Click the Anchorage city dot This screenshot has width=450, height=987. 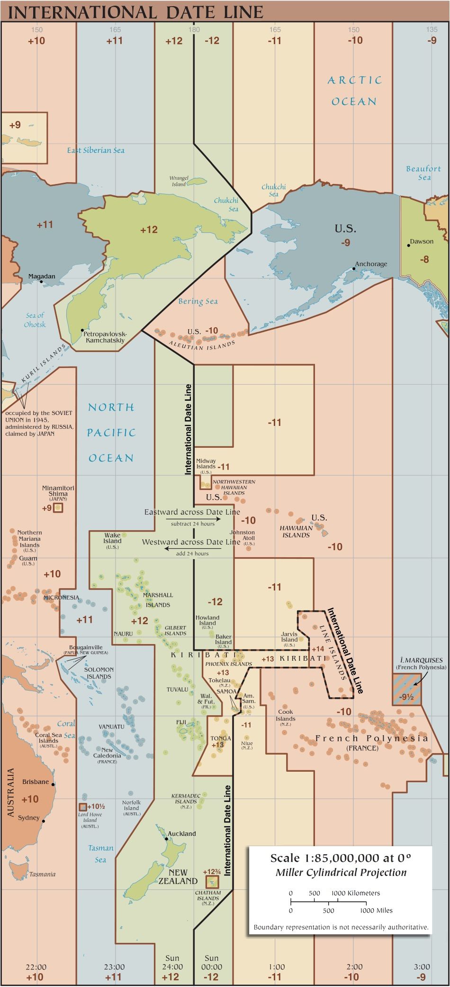[353, 269]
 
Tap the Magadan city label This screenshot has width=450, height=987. [42, 276]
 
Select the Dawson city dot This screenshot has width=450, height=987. [408, 245]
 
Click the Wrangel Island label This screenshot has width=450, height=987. [179, 181]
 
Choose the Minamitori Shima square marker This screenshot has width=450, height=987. [58, 507]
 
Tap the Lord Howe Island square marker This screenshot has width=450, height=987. [82, 806]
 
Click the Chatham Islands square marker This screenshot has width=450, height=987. [212, 882]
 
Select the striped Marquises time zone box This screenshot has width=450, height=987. [406, 689]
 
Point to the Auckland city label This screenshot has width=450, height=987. [181, 833]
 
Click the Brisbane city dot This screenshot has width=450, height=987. [53, 784]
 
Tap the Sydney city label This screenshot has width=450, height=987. [29, 817]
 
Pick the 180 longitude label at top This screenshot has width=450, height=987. [194, 29]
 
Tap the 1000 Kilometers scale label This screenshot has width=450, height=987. [355, 893]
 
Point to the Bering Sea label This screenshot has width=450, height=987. [198, 301]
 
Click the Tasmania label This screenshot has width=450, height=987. [42, 874]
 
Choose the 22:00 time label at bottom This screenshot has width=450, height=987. [36, 967]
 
